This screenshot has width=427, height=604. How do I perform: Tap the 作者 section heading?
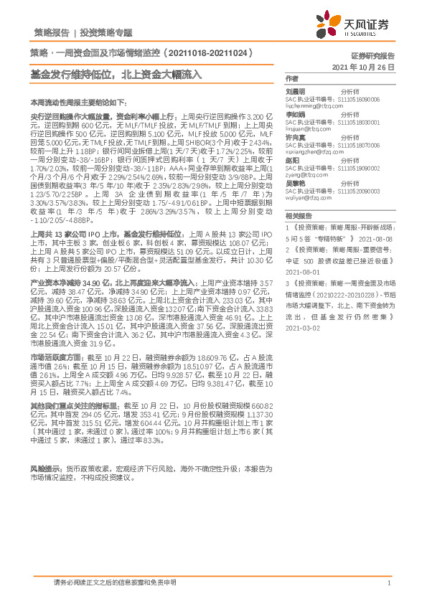(x=291, y=77)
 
